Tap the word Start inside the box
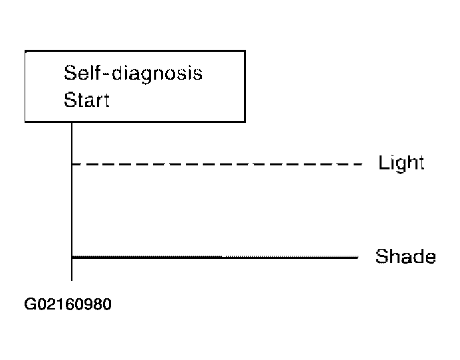[x=86, y=100]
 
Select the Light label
[x=402, y=163]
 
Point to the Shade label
[x=405, y=256]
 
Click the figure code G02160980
[x=68, y=304]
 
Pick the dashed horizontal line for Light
[x=217, y=164]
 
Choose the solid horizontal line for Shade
[x=215, y=258]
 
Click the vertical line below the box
[x=72, y=201]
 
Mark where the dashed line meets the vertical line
[x=72, y=164]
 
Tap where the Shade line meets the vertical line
[x=72, y=258]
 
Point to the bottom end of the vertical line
[x=72, y=280]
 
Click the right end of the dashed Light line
[x=362, y=164]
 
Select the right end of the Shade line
[x=358, y=258]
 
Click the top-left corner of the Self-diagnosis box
[x=25, y=51]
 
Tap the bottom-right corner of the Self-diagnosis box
[x=245, y=122]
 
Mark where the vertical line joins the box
[x=72, y=122]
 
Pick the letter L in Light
[x=383, y=162]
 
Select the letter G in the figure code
[x=30, y=304]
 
